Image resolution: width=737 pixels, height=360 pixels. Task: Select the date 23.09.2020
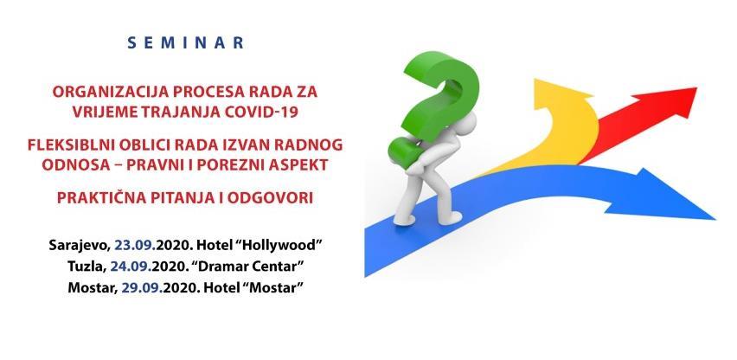[x=153, y=246]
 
